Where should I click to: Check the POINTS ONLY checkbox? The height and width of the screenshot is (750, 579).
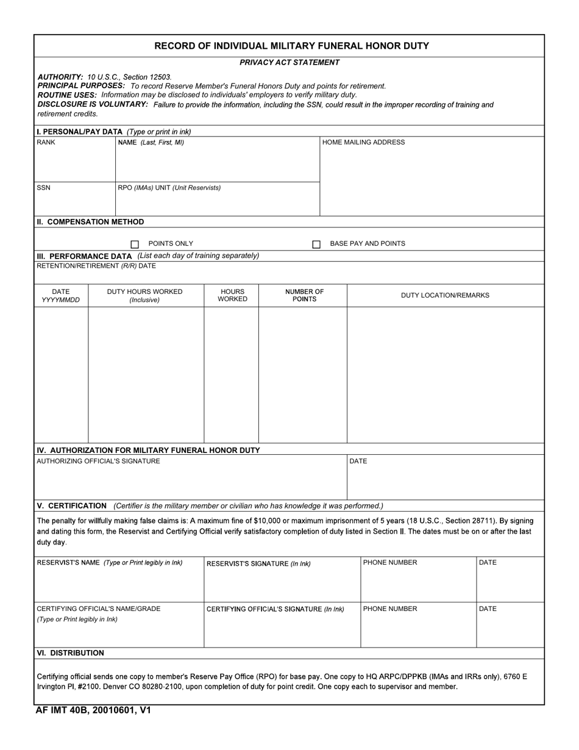pos(135,244)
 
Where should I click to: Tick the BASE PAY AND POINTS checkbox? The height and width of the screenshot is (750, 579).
pos(316,244)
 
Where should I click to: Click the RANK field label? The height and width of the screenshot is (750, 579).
pos(46,142)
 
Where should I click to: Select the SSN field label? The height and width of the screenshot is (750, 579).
pos(44,187)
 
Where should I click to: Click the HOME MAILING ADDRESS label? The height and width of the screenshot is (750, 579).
pos(363,142)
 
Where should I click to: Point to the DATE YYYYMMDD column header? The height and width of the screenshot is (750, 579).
pos(61,296)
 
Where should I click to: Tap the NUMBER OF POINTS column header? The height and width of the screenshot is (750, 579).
pos(304,296)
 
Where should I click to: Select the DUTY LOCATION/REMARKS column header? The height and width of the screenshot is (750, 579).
pos(445,296)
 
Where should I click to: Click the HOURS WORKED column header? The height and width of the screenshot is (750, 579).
pos(232,296)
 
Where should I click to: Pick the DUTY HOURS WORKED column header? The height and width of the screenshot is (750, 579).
pos(144,296)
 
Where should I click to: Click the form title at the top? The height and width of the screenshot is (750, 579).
pos(291,46)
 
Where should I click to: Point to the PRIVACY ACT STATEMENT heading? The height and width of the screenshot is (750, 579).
pos(289,62)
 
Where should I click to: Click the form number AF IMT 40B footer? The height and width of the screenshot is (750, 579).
pos(93,710)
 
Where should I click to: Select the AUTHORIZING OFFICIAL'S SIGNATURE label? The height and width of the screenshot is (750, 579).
pos(99,461)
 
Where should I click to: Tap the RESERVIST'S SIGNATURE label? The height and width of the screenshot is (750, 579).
pos(258,563)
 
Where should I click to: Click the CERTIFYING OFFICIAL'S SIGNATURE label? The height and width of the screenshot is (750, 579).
pos(275,609)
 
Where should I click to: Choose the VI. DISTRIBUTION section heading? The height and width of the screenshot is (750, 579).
pos(70,653)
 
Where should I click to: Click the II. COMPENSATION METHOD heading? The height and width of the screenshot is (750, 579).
pos(90,222)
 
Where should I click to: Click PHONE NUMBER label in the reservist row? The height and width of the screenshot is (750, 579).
pos(390,562)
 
